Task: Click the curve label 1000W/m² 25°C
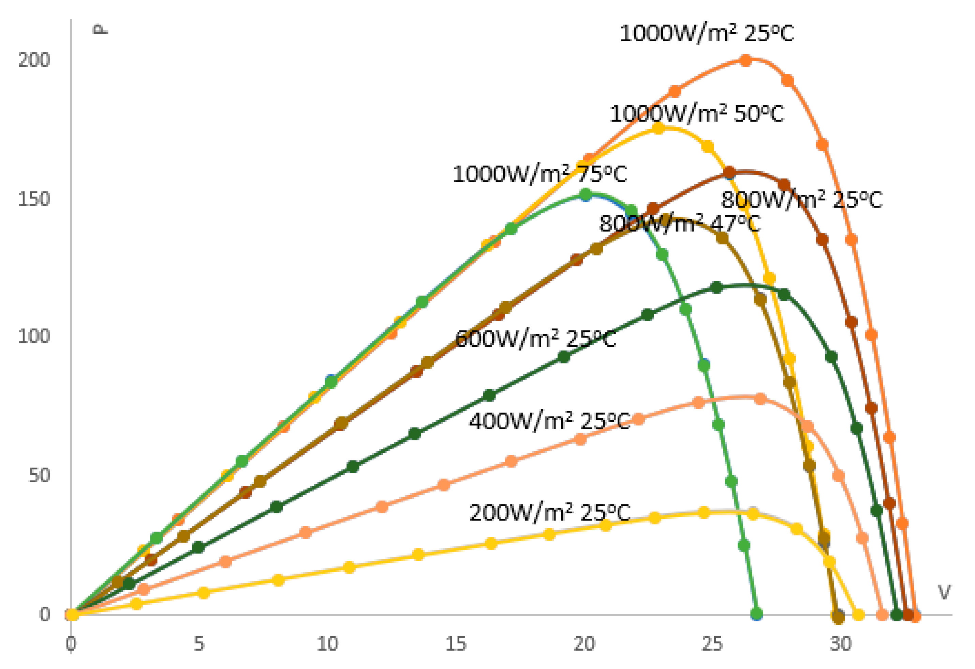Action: click(x=707, y=33)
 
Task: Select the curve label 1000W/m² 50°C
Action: click(x=696, y=114)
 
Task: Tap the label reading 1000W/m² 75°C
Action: click(x=540, y=174)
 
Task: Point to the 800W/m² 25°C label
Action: click(x=802, y=200)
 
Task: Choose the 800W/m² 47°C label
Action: click(x=680, y=223)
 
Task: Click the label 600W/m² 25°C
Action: click(x=535, y=339)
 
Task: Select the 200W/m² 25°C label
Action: click(x=550, y=512)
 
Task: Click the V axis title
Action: click(x=944, y=592)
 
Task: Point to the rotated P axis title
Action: click(x=101, y=29)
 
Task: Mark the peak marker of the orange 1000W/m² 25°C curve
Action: click(x=745, y=60)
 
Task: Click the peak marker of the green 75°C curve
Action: click(x=586, y=194)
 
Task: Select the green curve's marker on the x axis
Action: click(x=756, y=615)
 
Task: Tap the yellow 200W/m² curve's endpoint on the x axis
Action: click(x=858, y=615)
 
